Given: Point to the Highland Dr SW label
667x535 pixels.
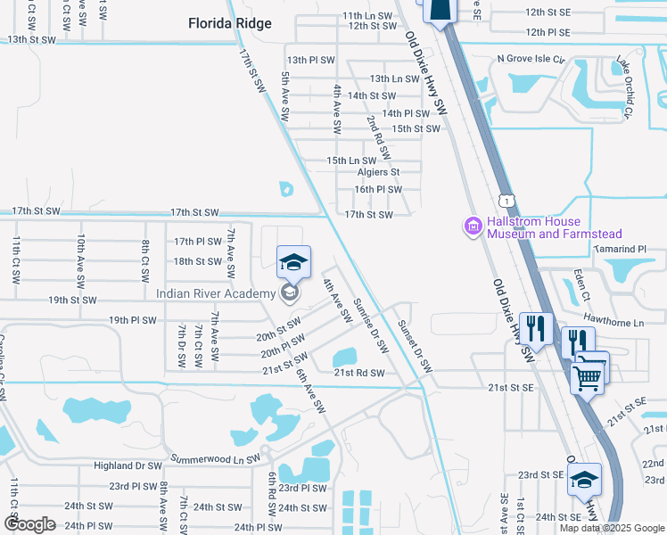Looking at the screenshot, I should (128, 465).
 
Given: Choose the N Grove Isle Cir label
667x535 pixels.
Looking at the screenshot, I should (531, 59).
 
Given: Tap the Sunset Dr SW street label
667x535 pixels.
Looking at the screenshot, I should (415, 346).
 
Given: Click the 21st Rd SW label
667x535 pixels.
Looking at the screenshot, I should (360, 373).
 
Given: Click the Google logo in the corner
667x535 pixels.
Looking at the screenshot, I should (29, 524).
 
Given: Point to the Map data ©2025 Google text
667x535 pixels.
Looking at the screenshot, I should (613, 528).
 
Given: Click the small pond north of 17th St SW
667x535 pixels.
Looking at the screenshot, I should (285, 188).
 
